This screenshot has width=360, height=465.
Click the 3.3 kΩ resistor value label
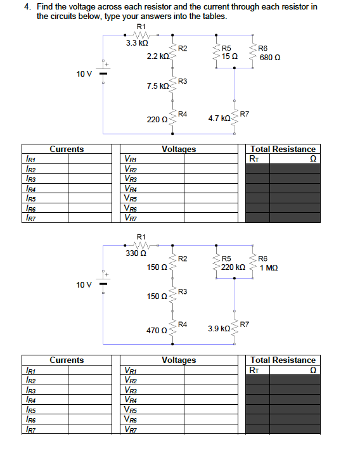tap(137, 43)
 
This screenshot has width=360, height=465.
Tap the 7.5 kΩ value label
tap(157, 86)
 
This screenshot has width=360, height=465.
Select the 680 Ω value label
tap(270, 57)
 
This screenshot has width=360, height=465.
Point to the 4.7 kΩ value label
tap(219, 118)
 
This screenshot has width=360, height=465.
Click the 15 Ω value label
tap(230, 57)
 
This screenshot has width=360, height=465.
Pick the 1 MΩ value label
tap(269, 267)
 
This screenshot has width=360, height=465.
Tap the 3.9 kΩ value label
tap(219, 329)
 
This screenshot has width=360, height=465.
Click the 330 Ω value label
tap(136, 253)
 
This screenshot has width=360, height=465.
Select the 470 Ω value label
tap(157, 331)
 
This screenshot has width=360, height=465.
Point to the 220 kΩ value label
tap(233, 267)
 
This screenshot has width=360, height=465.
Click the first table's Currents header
tap(67, 150)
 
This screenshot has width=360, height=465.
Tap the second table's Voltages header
tap(179, 360)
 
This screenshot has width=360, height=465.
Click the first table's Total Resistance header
tap(283, 150)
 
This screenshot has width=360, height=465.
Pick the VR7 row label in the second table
tap(131, 429)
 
